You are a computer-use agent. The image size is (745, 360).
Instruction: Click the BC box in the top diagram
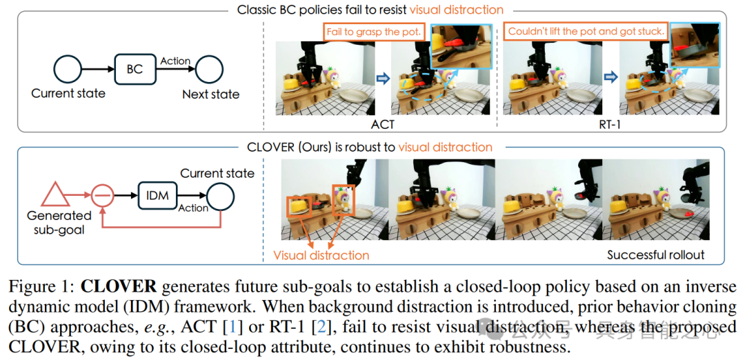(x=135, y=69)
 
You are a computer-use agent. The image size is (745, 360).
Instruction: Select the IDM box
(x=158, y=195)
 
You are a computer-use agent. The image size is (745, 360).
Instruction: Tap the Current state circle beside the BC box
(x=68, y=70)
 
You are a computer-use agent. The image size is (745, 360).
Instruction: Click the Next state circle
(x=210, y=70)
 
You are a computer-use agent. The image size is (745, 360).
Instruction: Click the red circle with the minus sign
(x=103, y=195)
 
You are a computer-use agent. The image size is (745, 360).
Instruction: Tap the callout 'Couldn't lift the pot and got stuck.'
(x=586, y=31)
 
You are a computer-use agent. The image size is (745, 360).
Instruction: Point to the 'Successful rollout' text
(x=655, y=255)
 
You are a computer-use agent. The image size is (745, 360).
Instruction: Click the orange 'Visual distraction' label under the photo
(x=321, y=255)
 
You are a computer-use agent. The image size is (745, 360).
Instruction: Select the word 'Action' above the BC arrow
(x=175, y=61)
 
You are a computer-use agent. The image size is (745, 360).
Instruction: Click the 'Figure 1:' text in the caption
(x=41, y=286)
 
